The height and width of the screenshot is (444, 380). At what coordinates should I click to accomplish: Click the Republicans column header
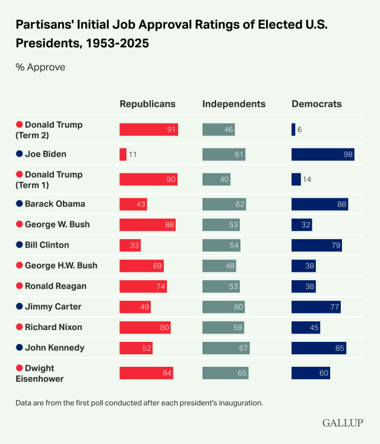coord(147,104)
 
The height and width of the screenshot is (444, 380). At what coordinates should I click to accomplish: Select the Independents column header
coord(233,104)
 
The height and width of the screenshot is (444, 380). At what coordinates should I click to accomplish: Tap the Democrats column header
coord(316,104)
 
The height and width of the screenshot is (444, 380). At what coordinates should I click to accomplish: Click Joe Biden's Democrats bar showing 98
coord(322,154)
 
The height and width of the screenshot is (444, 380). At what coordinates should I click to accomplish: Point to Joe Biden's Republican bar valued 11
coord(123,154)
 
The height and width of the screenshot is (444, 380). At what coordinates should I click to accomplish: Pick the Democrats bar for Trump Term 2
coord(293,129)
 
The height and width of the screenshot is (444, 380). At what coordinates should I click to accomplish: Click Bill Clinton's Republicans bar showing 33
coord(130,245)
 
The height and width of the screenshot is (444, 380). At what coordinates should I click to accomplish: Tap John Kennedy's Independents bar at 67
coord(226,348)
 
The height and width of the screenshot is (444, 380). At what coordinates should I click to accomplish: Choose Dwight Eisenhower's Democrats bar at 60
coord(311,373)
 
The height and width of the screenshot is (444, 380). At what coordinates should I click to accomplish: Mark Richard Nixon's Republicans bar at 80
coord(145,327)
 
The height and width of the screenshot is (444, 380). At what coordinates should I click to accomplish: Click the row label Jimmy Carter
coord(53,307)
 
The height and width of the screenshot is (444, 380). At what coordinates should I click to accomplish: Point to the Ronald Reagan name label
coord(55,286)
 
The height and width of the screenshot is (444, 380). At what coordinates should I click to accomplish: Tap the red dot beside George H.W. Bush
coord(19,265)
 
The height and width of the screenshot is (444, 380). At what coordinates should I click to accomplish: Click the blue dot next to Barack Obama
coord(19,204)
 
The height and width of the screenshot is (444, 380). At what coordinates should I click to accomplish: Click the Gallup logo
coord(343,423)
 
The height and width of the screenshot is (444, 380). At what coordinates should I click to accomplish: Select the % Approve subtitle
coord(40,67)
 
